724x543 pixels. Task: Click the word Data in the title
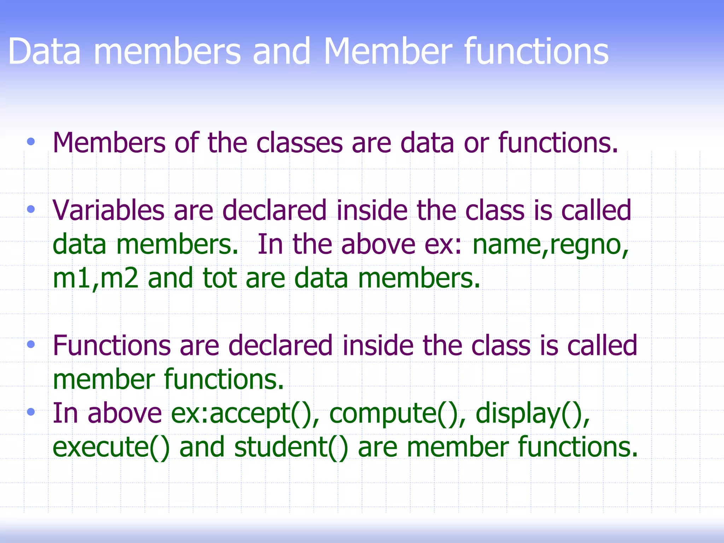tap(44, 52)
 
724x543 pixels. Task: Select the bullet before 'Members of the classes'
tap(31, 142)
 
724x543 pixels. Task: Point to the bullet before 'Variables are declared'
tap(31, 210)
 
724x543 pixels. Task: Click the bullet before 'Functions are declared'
tap(31, 344)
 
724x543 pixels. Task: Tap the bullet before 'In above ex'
tap(31, 412)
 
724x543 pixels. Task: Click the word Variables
tap(108, 210)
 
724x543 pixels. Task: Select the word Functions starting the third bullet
tap(111, 345)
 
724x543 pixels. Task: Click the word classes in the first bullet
tap(299, 143)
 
